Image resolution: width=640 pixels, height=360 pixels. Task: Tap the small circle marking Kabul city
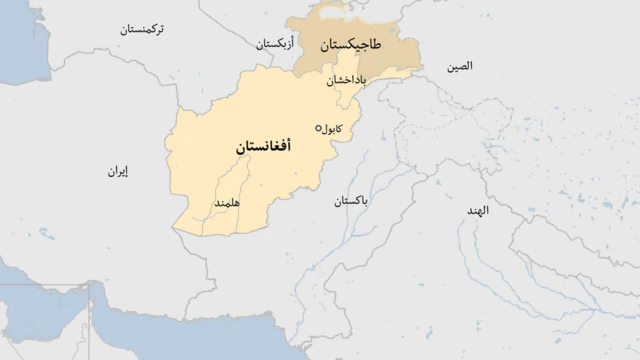319,128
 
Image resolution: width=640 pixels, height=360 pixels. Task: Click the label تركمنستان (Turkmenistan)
149,30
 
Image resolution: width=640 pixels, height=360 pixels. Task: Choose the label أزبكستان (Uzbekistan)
278,45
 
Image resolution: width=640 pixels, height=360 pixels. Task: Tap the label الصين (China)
461,66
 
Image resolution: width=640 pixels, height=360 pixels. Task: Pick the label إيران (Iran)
119,172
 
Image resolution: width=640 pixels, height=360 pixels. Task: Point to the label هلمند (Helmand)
227,203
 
